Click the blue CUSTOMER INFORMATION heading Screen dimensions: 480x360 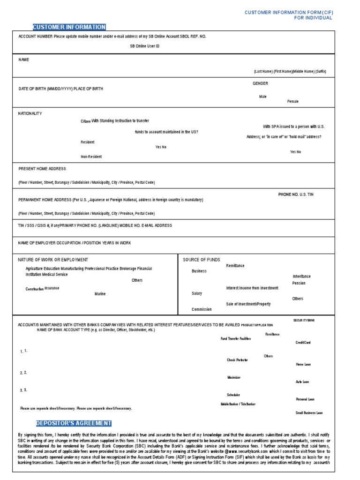[x=69, y=27]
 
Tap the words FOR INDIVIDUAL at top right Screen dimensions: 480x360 [x=313, y=18]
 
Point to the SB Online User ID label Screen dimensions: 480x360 [x=145, y=46]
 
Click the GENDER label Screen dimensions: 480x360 [x=260, y=83]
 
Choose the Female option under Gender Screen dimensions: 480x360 [x=292, y=101]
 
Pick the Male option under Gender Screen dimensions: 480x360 [x=262, y=96]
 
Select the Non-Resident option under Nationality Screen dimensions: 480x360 [x=91, y=157]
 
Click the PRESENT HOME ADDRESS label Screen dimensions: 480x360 [x=42, y=169]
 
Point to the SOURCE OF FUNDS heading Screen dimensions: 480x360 [x=201, y=260]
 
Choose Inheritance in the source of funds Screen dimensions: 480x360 [x=301, y=277]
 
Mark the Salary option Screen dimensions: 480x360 [x=197, y=293]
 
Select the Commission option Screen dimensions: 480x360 [x=202, y=309]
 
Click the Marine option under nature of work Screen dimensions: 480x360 [x=100, y=294]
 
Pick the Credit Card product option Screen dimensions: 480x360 [x=303, y=343]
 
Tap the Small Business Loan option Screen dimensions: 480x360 [x=309, y=413]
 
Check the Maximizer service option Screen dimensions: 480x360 [x=234, y=377]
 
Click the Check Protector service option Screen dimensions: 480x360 [x=237, y=360]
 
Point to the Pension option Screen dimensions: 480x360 [x=299, y=283]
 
